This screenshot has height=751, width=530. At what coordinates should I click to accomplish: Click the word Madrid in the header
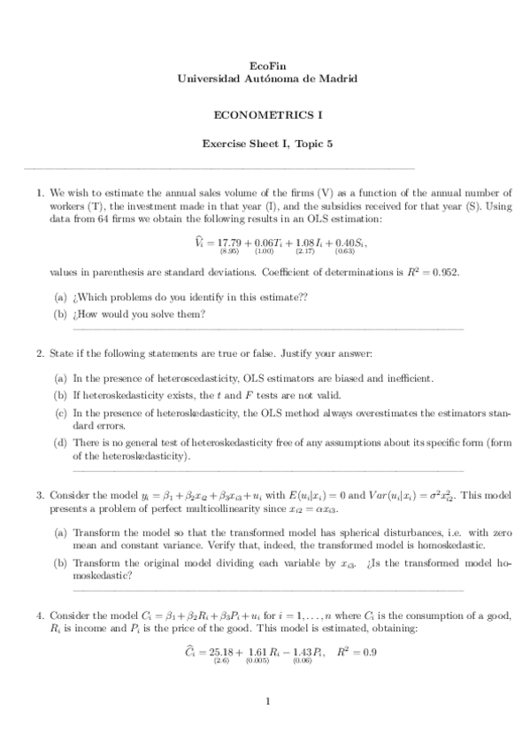coord(339,79)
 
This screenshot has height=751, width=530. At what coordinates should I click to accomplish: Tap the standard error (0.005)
coord(257,662)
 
